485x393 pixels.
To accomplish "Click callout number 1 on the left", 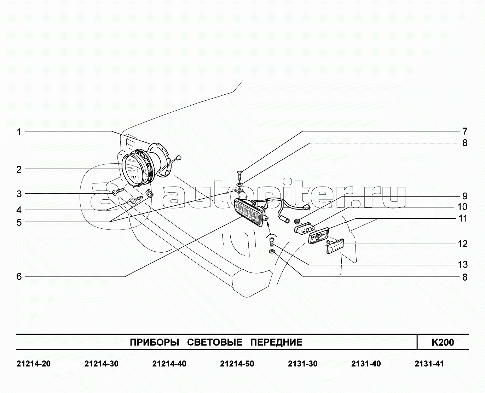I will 19,132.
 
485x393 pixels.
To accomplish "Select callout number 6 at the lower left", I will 19,277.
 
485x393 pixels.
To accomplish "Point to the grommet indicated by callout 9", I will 297,222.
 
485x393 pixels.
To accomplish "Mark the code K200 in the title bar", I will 443,342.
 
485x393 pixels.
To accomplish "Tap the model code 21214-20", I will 34,364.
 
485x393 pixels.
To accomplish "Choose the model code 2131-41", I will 429,364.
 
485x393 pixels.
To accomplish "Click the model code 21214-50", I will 237,364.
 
